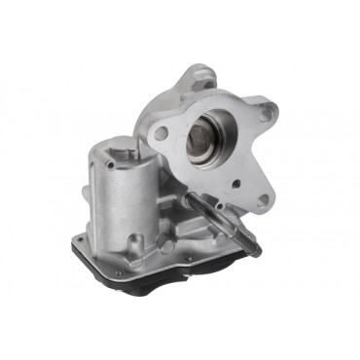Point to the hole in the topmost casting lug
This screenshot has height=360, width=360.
[206, 82]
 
